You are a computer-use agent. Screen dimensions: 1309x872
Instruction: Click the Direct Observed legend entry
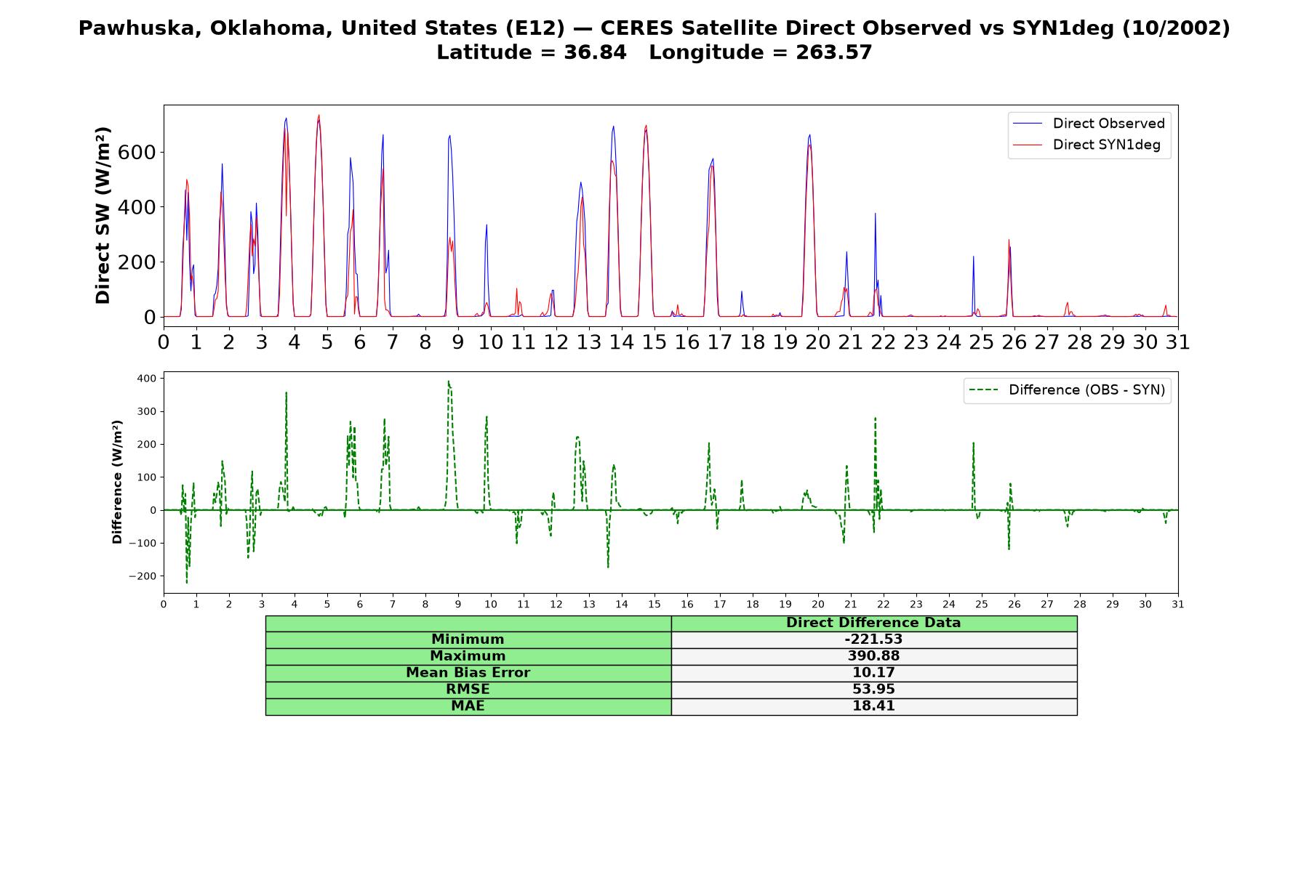tap(1089, 124)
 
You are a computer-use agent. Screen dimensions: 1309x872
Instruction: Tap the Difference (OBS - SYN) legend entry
tap(1067, 390)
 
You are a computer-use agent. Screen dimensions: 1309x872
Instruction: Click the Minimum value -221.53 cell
tap(873, 639)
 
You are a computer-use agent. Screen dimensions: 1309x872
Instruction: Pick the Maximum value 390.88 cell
tap(873, 656)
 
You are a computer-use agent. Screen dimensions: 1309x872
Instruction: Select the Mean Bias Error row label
tap(468, 673)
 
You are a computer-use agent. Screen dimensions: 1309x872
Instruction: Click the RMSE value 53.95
tap(873, 690)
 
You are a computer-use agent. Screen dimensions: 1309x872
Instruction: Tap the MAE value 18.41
tap(873, 706)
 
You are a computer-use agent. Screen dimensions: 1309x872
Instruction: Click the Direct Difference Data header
tap(873, 623)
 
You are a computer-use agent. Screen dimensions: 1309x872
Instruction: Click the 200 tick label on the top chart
tap(137, 262)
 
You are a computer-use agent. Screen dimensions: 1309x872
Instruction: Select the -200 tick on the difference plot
tap(143, 576)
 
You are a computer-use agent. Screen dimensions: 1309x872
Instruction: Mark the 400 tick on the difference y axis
tap(146, 379)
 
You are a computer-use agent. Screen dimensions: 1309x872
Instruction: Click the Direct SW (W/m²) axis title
tap(103, 215)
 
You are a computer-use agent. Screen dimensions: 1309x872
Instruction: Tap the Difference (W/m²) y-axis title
tap(117, 482)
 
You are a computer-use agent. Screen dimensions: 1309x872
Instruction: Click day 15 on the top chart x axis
tap(654, 342)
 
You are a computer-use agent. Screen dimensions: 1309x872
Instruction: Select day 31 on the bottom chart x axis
tap(1177, 605)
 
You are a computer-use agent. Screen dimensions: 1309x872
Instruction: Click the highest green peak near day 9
tap(449, 381)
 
